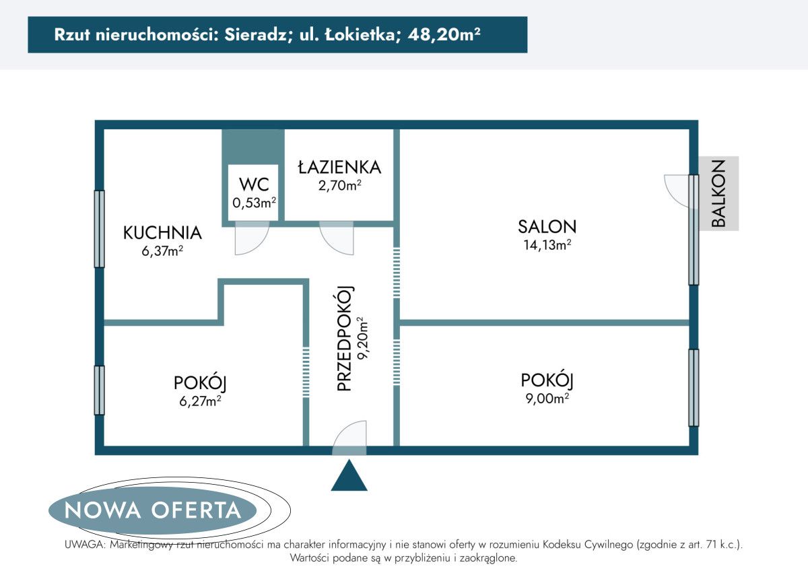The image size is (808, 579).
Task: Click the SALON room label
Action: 547,227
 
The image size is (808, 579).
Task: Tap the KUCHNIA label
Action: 162,233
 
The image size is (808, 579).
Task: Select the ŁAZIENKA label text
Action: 340,167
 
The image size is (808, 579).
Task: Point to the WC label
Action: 253,184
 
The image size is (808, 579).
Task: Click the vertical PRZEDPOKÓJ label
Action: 345,339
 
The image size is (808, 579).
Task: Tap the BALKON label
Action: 718,193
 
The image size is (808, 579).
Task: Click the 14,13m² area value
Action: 547,245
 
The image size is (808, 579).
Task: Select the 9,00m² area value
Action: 547,399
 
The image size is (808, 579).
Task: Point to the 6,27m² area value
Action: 199,401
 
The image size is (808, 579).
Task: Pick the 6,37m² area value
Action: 162,251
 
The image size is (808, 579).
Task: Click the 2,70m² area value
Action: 340,185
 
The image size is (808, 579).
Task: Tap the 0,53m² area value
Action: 253,201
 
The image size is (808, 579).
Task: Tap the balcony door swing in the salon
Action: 677,190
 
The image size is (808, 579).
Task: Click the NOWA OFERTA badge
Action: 153,510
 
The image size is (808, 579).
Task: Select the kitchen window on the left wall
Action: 100,229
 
